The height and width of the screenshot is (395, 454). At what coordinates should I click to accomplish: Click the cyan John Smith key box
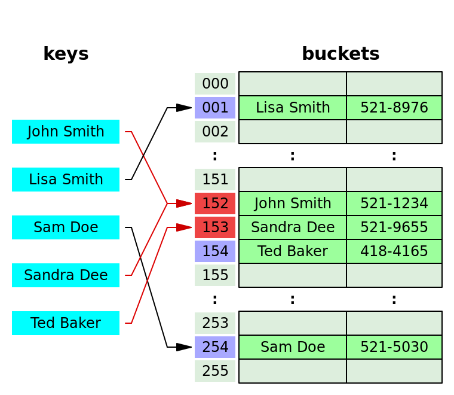[x=66, y=132]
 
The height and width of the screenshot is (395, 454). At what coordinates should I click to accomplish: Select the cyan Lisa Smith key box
[x=66, y=180]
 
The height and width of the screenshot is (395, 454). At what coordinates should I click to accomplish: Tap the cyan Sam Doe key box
[x=66, y=227]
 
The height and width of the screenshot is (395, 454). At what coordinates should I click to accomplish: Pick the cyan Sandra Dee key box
[x=66, y=275]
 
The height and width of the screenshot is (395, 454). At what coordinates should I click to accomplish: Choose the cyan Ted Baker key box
[x=66, y=323]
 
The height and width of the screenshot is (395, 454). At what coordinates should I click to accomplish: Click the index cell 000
[x=215, y=84]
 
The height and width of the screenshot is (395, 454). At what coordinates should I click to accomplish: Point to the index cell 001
[x=215, y=108]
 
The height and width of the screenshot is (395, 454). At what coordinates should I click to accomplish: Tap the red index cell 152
[x=215, y=203]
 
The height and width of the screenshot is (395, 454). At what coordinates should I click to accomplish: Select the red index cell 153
[x=215, y=227]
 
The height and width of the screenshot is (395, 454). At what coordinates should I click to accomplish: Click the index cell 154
[x=215, y=251]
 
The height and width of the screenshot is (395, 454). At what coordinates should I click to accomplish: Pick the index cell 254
[x=215, y=347]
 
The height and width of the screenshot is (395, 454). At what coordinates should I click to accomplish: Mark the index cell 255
[x=215, y=371]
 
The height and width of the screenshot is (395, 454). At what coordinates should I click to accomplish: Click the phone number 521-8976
[x=394, y=108]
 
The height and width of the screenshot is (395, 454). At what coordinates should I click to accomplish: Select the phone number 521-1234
[x=394, y=203]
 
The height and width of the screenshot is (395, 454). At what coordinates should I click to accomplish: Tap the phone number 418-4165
[x=394, y=251]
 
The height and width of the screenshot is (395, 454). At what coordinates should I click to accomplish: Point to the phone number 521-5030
[x=394, y=347]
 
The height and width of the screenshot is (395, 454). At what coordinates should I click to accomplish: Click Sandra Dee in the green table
[x=293, y=227]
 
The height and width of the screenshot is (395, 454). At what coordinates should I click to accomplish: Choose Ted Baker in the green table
[x=293, y=251]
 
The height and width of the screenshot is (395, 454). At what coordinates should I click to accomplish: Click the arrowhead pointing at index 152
[x=184, y=203]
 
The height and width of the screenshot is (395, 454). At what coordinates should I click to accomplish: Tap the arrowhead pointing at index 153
[x=184, y=227]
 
